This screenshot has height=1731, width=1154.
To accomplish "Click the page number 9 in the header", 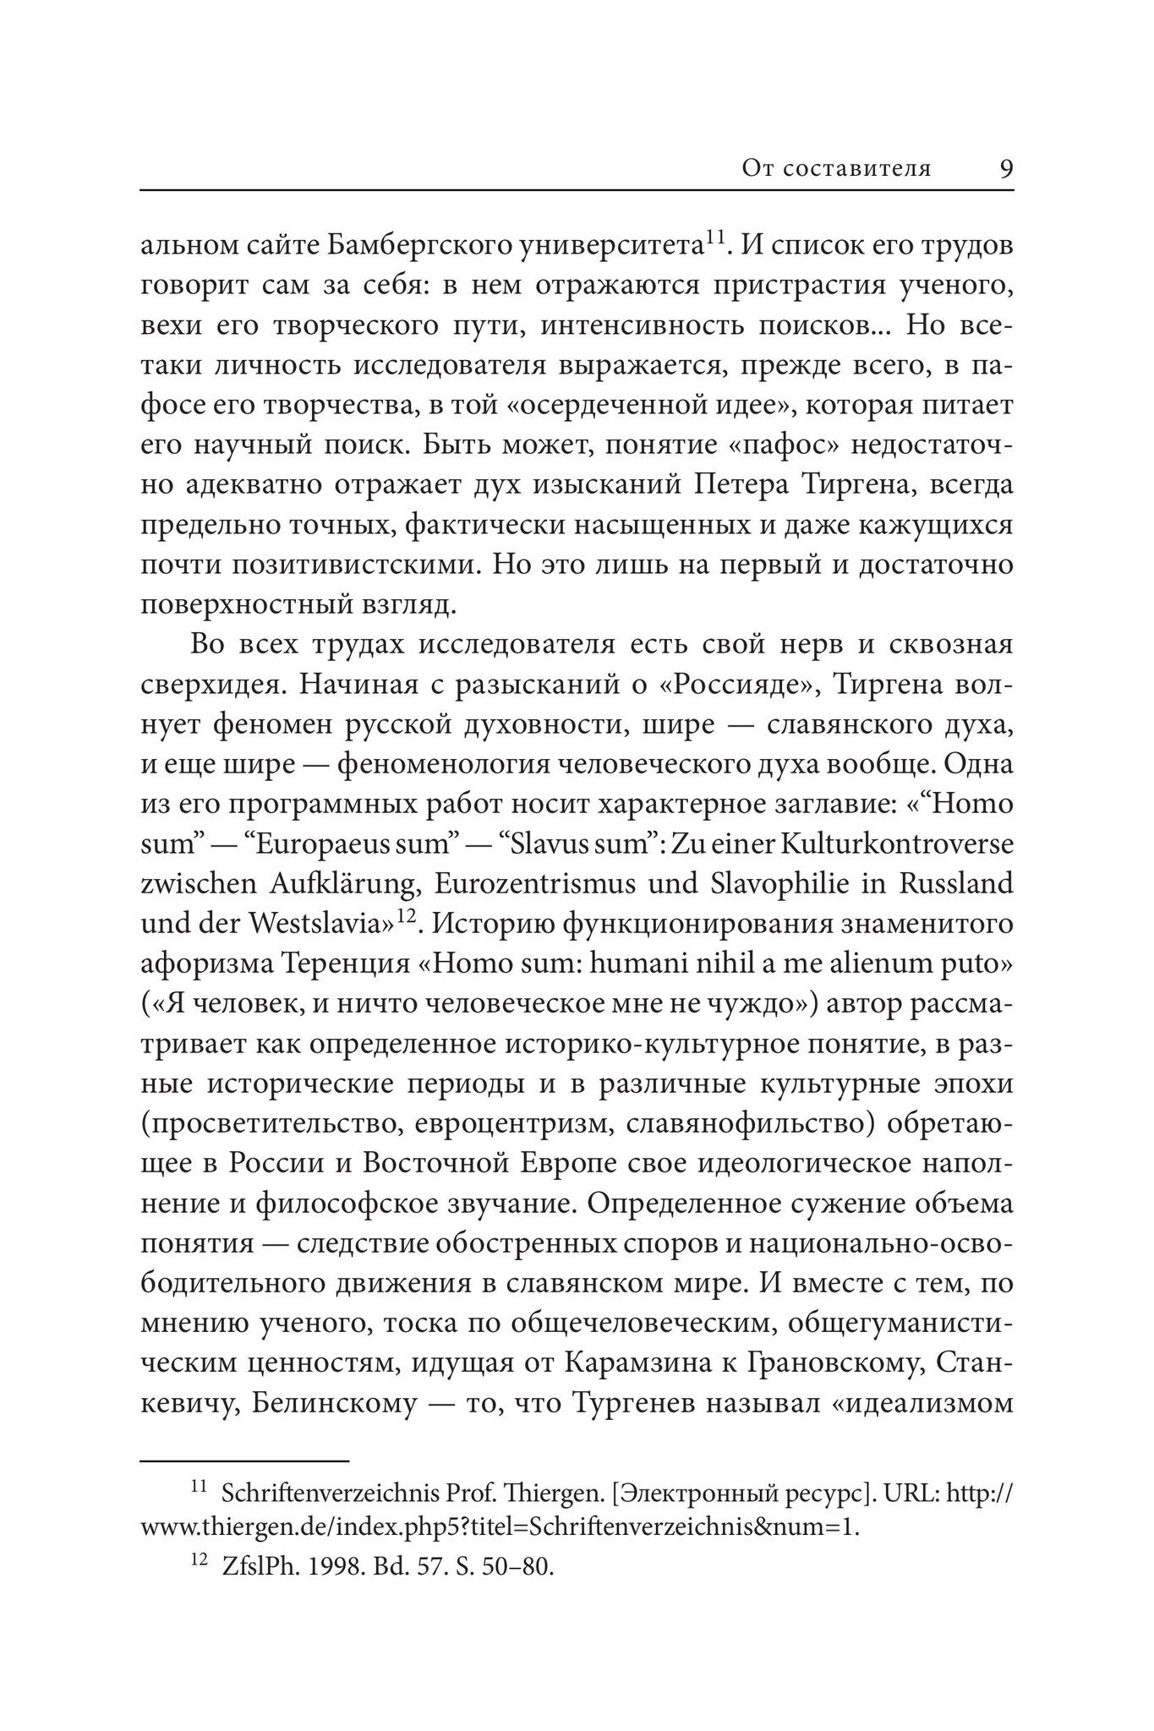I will (x=1005, y=168).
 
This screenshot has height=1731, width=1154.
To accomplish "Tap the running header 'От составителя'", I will (x=836, y=168).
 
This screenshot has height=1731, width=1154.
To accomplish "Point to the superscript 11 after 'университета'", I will (x=715, y=237).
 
